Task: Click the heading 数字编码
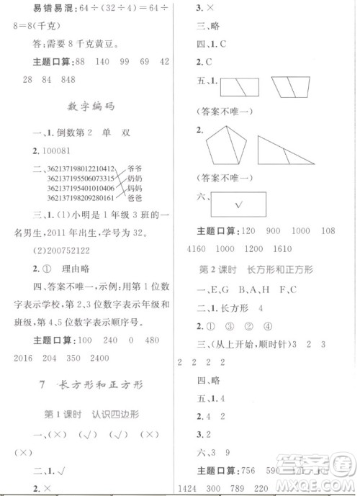tap(91, 106)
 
